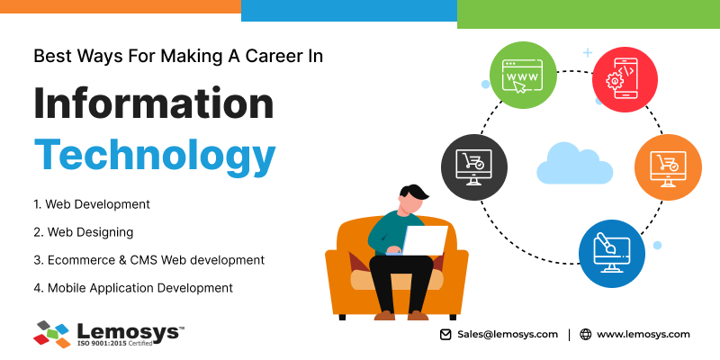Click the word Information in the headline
154,103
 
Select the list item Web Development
92,204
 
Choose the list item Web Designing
83,232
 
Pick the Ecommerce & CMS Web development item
148,260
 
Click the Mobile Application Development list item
133,288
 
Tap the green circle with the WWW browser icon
523,76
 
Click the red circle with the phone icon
625,79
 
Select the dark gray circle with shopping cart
474,167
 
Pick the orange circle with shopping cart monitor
668,167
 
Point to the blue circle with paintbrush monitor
612,254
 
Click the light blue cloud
574,163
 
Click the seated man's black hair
412,193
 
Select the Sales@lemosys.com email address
508,334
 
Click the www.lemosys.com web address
643,334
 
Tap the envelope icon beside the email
445,334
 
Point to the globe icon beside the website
586,334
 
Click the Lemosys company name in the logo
128,331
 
